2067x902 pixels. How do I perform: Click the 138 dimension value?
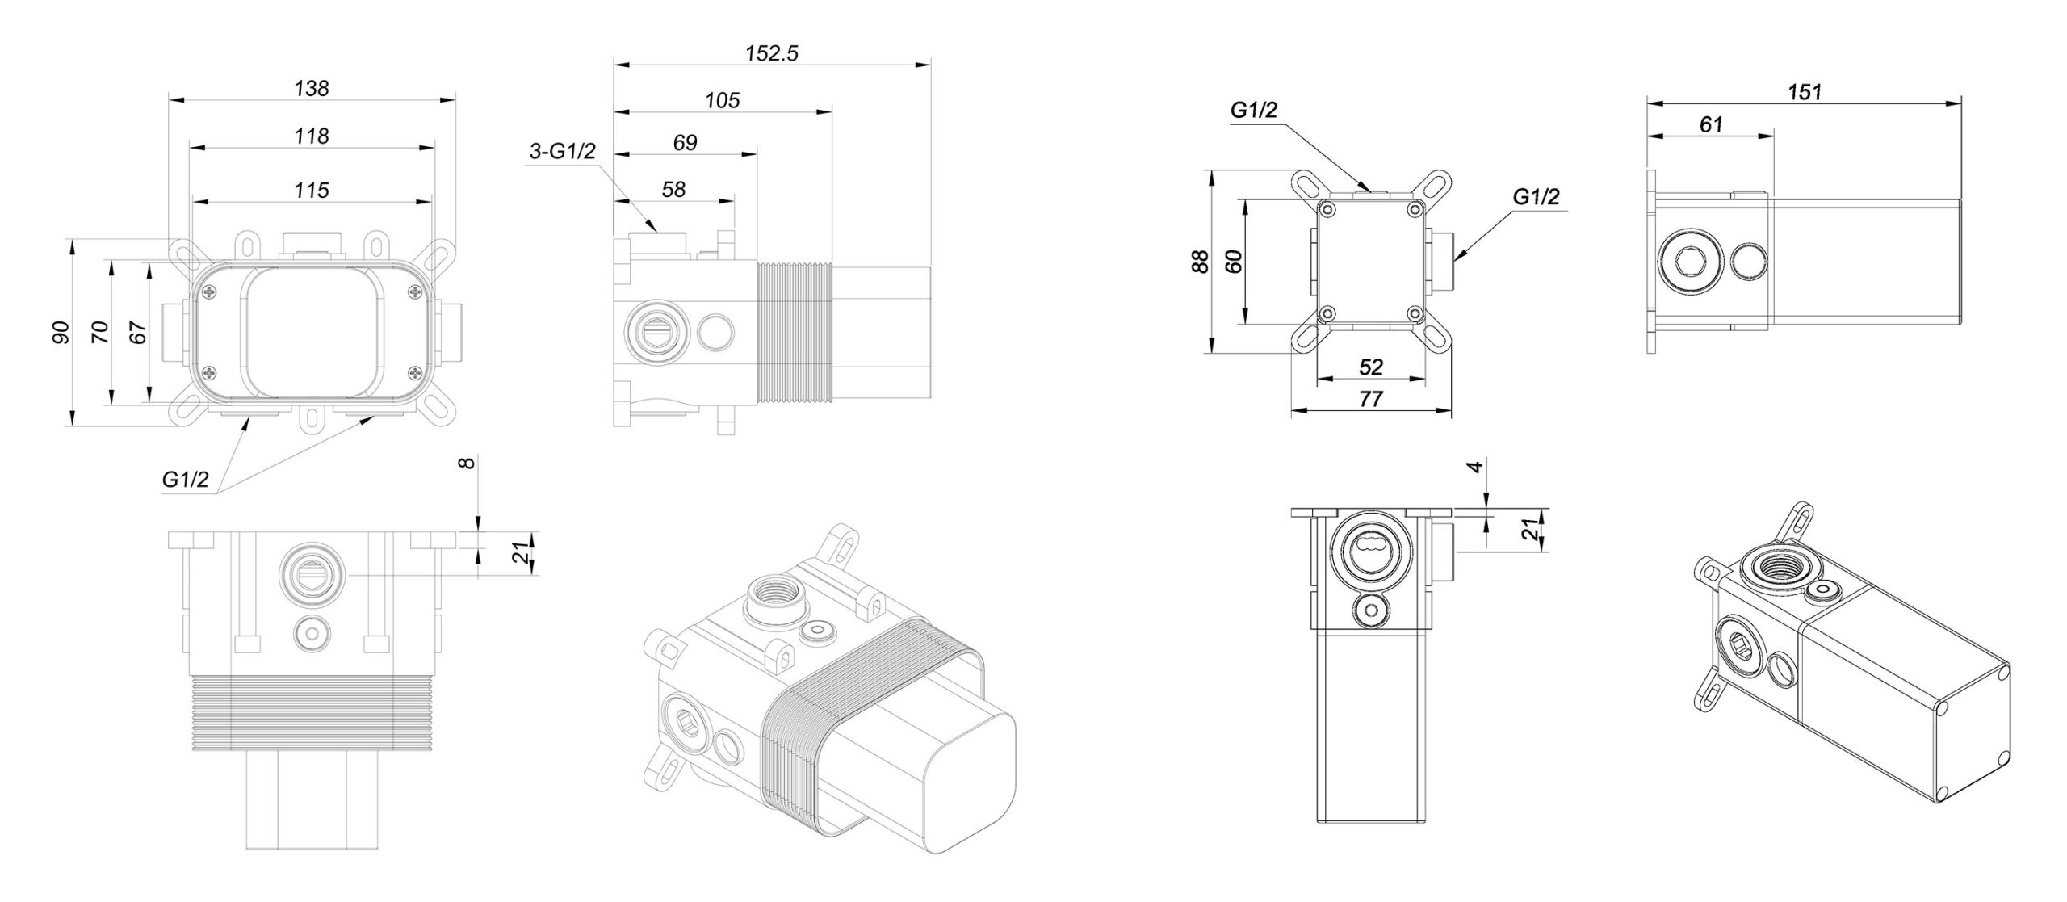tap(312, 88)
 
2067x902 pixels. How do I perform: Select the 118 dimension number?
tap(312, 136)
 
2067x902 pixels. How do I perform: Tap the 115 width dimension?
tap(312, 190)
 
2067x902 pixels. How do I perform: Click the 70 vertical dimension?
tap(99, 332)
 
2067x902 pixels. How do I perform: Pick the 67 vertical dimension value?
tap(138, 332)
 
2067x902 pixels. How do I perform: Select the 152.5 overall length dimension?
tap(771, 53)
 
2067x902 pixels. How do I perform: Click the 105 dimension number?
tap(722, 100)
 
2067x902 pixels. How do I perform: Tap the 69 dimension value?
tap(685, 143)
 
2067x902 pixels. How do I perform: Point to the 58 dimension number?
tap(673, 189)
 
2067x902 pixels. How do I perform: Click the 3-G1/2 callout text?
tap(562, 151)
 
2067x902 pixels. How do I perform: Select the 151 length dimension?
tap(1804, 92)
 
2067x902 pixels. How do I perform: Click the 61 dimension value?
tap(1711, 125)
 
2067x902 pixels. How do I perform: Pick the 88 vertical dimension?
tap(1201, 261)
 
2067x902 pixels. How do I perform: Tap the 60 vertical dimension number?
tap(1233, 261)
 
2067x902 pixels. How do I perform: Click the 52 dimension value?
tap(1371, 367)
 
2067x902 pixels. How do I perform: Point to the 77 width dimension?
tap(1371, 399)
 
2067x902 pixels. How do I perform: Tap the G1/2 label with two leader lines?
tap(186, 480)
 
